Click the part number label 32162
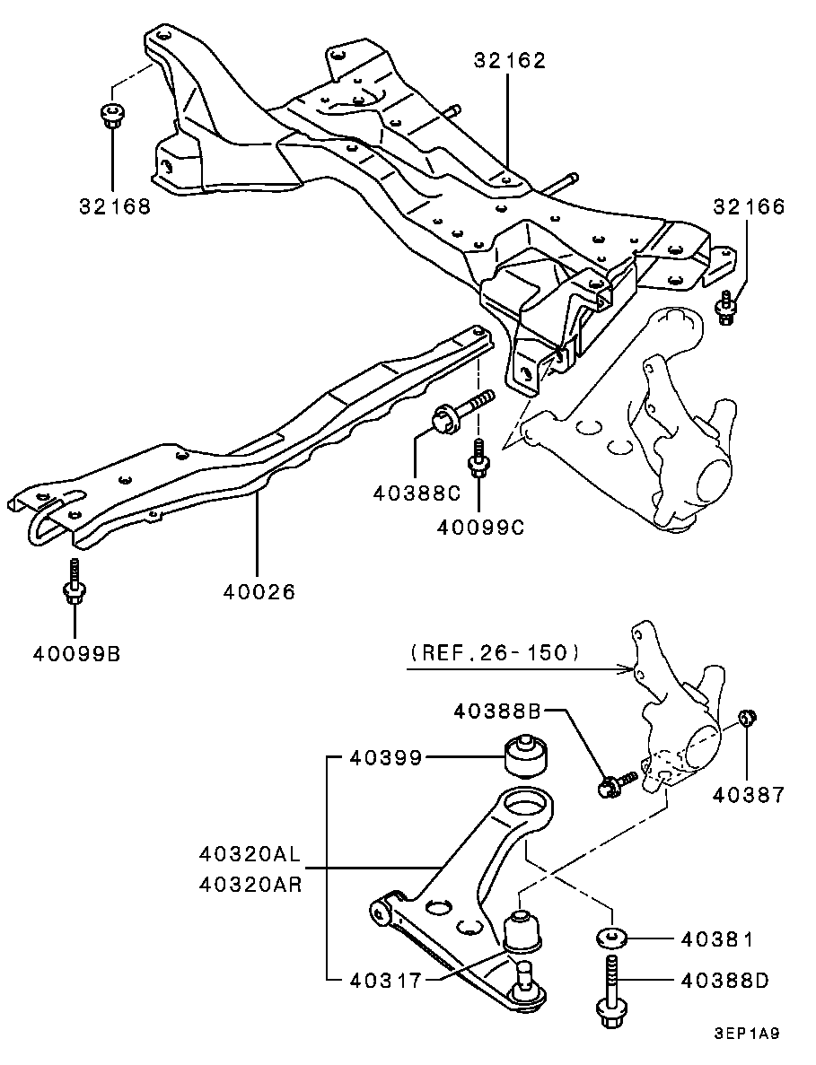[x=510, y=60]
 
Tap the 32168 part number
[x=115, y=205]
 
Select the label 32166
[x=749, y=206]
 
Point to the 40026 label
[x=259, y=592]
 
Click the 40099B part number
[x=77, y=654]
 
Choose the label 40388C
[x=417, y=493]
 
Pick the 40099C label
[x=480, y=527]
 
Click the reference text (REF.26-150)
[x=496, y=652]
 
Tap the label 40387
[x=749, y=794]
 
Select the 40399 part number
[x=385, y=757]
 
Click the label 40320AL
[x=250, y=852]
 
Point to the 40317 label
[x=385, y=980]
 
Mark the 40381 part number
[x=717, y=939]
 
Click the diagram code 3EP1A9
[x=746, y=1034]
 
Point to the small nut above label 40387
[x=748, y=717]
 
